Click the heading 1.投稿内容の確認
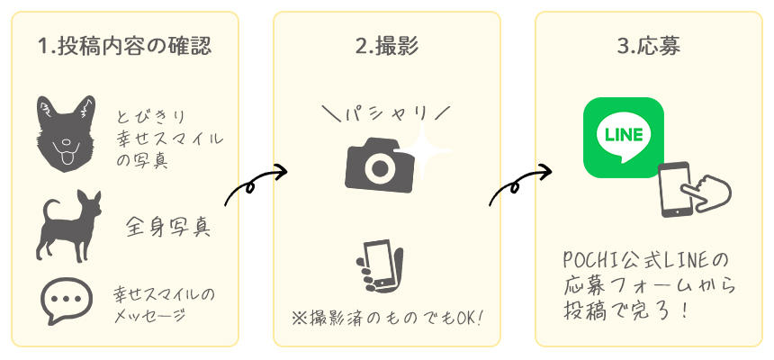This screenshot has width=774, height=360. (x=126, y=47)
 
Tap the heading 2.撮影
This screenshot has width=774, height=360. (x=386, y=47)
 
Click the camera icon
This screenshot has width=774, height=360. (x=380, y=163)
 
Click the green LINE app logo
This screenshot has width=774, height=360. (x=623, y=137)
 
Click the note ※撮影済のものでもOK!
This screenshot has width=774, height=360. (x=386, y=319)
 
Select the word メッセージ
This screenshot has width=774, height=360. (x=149, y=316)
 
